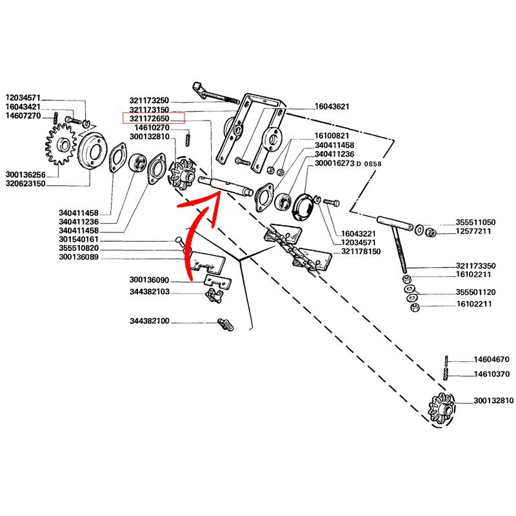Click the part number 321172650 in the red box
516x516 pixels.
pyautogui.click(x=153, y=118)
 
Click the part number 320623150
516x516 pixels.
pyautogui.click(x=26, y=184)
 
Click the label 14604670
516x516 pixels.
pyautogui.click(x=492, y=359)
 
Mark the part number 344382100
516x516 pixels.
pyautogui.click(x=150, y=321)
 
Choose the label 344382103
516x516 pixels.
pyautogui.click(x=150, y=292)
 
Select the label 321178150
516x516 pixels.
pyautogui.click(x=362, y=252)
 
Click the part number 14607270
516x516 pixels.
pyautogui.click(x=24, y=115)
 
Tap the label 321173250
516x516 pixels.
pyautogui.click(x=150, y=100)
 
